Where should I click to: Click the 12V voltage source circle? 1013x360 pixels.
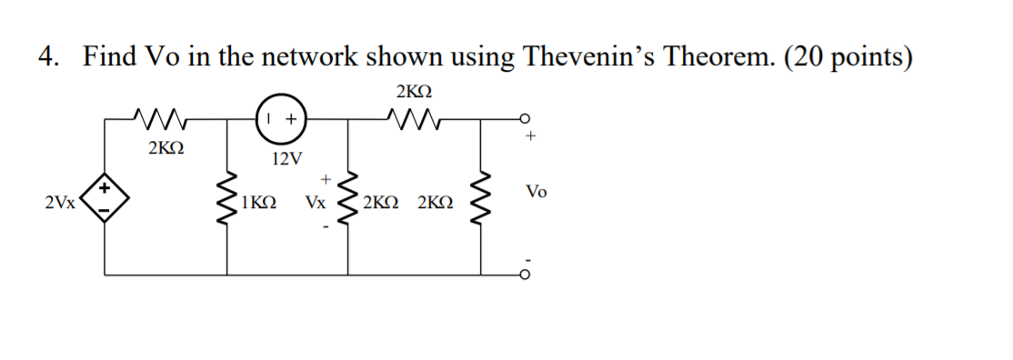pyautogui.click(x=282, y=118)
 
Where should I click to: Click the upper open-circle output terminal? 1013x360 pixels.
pyautogui.click(x=526, y=117)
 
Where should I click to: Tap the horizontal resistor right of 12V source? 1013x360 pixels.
pyautogui.click(x=414, y=116)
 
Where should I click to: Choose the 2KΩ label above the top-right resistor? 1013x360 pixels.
pyautogui.click(x=414, y=92)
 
